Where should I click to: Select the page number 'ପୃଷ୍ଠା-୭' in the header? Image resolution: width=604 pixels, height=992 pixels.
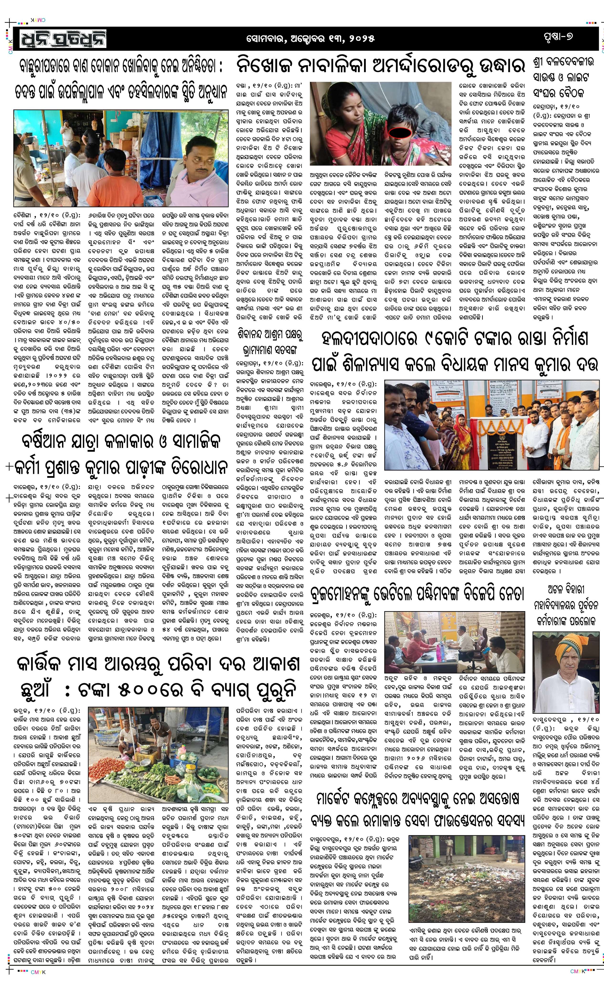(557, 37)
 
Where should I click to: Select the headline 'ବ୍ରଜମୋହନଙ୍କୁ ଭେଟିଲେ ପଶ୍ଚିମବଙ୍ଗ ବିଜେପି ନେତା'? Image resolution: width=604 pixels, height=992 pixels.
(417, 595)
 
